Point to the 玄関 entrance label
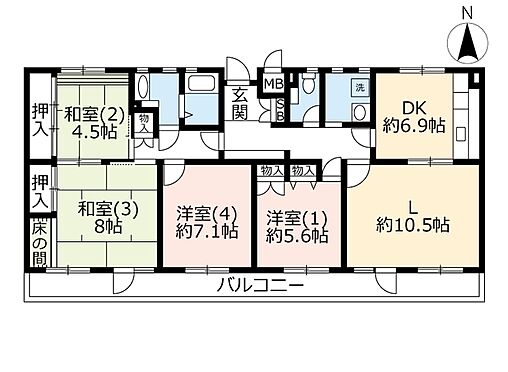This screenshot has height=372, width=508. tap(241, 103)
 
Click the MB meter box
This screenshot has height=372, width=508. tap(272, 84)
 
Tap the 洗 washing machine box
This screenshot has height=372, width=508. tap(358, 87)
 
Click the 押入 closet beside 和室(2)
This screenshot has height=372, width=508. tap(37, 121)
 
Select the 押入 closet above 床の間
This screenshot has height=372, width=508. tap(37, 189)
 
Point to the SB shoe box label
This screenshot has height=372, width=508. tap(281, 108)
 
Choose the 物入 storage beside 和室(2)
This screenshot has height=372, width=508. tap(146, 123)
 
